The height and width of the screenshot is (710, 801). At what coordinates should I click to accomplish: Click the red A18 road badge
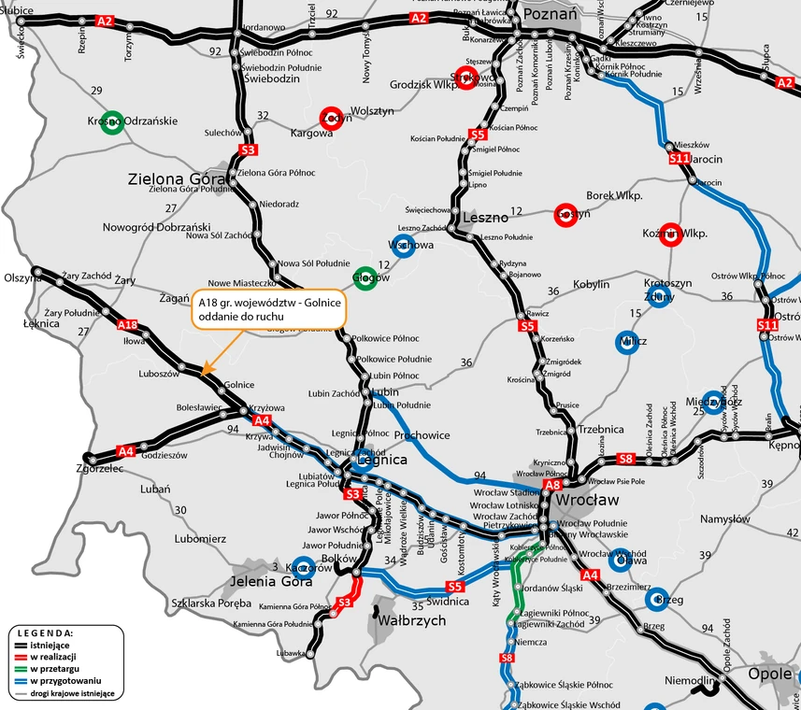[128, 325]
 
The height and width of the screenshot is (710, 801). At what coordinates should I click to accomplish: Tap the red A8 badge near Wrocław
[552, 485]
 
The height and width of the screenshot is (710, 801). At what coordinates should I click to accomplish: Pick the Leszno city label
[485, 218]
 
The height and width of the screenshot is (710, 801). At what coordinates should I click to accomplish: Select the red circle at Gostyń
[565, 214]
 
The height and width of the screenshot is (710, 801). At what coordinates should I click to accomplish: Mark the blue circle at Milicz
[627, 342]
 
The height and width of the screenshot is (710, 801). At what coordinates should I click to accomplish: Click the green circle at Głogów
[365, 277]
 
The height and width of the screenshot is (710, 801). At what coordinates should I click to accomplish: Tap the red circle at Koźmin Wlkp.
[668, 234]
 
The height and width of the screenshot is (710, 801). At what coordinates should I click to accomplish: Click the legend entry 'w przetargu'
[51, 669]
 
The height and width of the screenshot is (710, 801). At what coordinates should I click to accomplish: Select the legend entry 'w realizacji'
[52, 658]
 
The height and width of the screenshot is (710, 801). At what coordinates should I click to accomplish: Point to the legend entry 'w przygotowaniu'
[60, 681]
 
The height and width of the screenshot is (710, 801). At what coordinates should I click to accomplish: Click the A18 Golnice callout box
[268, 310]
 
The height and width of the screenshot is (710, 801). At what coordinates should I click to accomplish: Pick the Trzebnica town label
[601, 429]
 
